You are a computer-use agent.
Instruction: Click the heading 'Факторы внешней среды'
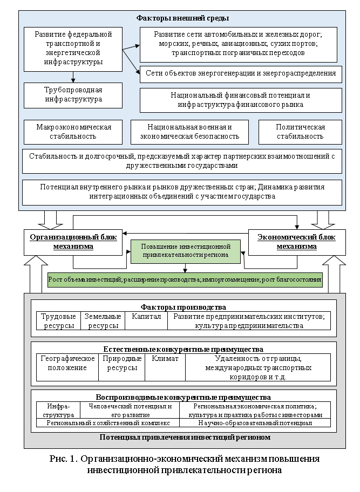pos(182,18)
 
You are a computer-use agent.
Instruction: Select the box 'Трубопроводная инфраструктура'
pos(73,94)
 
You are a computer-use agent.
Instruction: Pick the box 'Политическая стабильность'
pos(300,132)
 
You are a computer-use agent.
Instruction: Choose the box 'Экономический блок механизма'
pos(296,242)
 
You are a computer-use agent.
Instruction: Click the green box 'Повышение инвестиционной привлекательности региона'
pos(186,250)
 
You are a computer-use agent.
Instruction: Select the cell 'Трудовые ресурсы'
pos(58,320)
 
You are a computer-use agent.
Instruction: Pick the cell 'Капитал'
pos(146,317)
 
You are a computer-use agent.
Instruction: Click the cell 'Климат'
pos(165,359)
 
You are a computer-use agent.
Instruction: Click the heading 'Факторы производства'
pos(183,307)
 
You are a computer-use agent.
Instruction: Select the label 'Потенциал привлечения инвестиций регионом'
pos(185,437)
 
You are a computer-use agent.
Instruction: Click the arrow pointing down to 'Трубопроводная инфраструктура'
pos(73,77)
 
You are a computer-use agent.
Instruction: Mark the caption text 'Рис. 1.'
pos(64,459)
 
